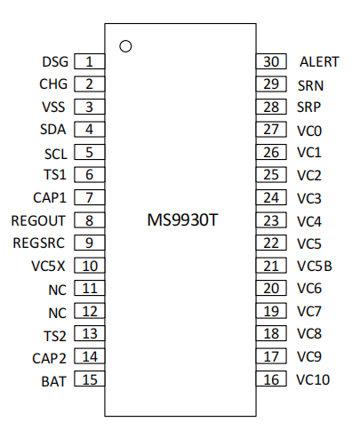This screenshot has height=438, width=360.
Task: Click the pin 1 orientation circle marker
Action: point(125,42)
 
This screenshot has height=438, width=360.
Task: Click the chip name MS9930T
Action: point(182,220)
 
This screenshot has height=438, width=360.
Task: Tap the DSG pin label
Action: point(55,62)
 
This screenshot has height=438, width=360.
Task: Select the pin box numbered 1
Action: point(90,61)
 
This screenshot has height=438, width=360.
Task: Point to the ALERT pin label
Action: point(319,62)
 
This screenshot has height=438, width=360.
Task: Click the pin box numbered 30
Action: point(271,61)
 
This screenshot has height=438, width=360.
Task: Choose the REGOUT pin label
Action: point(38,220)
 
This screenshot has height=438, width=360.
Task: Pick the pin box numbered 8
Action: point(90,220)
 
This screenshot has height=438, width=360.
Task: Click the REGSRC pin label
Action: point(38,243)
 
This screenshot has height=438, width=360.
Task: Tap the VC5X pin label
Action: point(48,266)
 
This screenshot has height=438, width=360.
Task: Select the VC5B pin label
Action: point(315,266)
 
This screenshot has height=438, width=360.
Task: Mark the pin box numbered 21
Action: point(271,266)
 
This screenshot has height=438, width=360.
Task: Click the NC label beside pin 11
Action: point(58,290)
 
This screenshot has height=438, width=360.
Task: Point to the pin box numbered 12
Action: point(90,311)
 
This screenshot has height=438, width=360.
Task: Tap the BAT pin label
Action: point(53,381)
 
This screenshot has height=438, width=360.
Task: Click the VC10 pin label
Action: point(313,379)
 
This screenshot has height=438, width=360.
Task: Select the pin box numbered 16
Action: point(271,378)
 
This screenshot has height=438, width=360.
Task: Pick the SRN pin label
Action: point(310,85)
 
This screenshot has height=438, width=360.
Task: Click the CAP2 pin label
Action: point(49,358)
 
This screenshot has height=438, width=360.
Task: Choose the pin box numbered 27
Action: point(271,129)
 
